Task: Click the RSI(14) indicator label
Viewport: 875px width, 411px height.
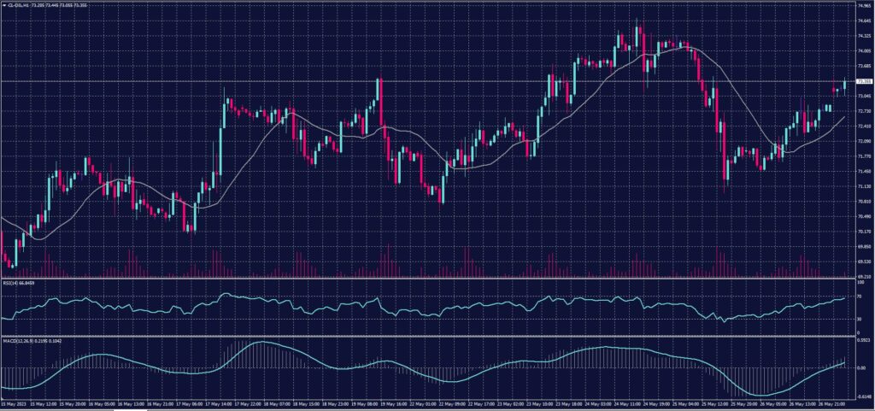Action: (20, 283)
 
